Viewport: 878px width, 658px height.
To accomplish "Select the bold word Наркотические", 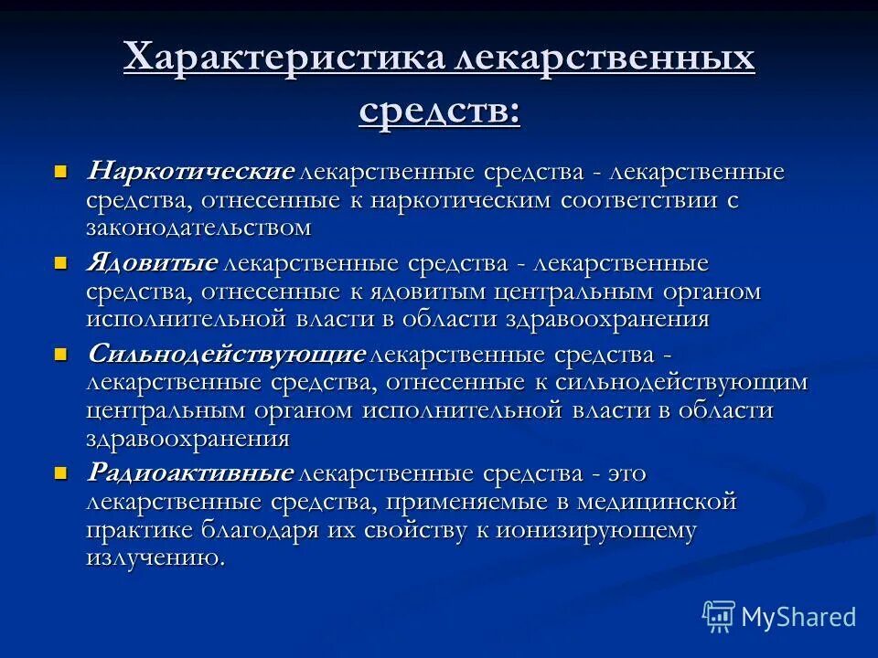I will [190, 172].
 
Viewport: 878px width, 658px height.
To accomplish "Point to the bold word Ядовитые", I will [152, 263].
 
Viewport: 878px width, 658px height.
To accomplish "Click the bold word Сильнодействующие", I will [226, 354].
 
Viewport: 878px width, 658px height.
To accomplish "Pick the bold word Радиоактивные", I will [190, 473].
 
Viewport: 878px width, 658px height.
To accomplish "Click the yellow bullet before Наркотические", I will [61, 171].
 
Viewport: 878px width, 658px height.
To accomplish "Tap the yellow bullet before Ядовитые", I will [61, 262].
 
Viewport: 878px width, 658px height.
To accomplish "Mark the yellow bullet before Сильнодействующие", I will [61, 354].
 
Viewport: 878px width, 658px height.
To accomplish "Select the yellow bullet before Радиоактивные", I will [61, 472].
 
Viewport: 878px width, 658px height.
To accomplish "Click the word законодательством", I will [199, 227].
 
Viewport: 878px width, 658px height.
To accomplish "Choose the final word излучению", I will [155, 557].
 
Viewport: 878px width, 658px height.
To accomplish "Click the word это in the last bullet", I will [626, 473].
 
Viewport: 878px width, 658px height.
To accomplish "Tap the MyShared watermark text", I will [798, 617].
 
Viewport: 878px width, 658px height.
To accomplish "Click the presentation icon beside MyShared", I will [719, 616].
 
